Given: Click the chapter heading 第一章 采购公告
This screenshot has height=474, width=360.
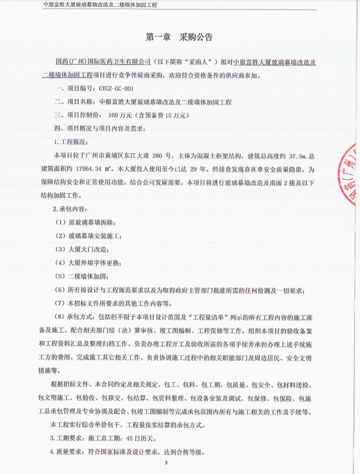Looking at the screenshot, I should [179, 37].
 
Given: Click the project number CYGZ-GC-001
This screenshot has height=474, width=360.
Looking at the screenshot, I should [116, 89].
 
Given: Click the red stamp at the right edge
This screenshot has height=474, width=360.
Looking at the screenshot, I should [349, 177].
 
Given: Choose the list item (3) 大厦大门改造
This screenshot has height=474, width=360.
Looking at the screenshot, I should [82, 249].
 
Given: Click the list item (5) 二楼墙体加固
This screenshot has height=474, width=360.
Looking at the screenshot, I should [82, 276].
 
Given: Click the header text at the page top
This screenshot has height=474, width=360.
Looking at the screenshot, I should [100, 5].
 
